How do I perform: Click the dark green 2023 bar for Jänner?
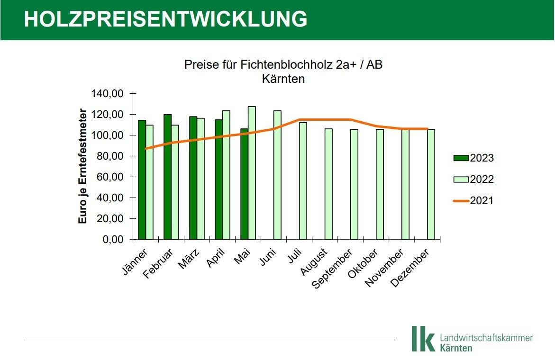(x=142, y=180)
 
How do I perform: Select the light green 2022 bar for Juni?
(x=277, y=175)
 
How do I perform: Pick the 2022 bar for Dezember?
(x=431, y=184)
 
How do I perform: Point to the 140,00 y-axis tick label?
(x=107, y=94)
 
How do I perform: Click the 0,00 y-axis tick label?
(x=112, y=240)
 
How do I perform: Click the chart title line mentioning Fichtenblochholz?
(x=283, y=65)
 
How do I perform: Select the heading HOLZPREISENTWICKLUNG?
(x=165, y=19)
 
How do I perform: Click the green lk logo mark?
(x=422, y=338)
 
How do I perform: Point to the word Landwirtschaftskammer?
(x=486, y=338)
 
